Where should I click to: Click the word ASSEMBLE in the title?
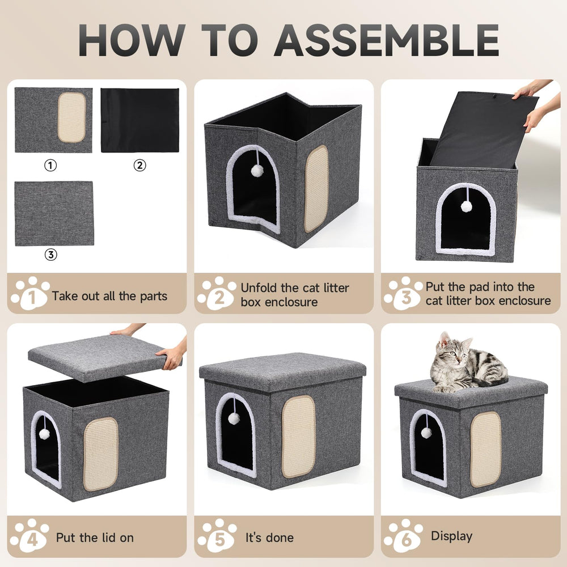click(388, 40)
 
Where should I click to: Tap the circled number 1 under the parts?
click(51, 166)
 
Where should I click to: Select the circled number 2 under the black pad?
click(139, 166)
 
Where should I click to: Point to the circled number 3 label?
click(51, 255)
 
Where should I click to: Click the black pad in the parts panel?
click(139, 120)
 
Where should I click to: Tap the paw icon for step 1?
click(30, 294)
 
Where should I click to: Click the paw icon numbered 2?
click(217, 294)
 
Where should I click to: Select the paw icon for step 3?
click(403, 294)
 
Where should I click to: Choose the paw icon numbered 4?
click(30, 535)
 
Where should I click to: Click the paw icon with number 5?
click(217, 535)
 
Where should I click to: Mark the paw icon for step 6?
click(403, 535)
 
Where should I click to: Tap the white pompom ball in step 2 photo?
click(257, 170)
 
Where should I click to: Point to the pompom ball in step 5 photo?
click(233, 418)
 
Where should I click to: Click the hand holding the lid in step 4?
click(171, 357)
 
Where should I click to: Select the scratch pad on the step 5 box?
click(298, 436)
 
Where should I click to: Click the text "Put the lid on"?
click(95, 537)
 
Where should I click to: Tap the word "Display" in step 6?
click(451, 536)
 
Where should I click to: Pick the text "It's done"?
click(269, 537)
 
